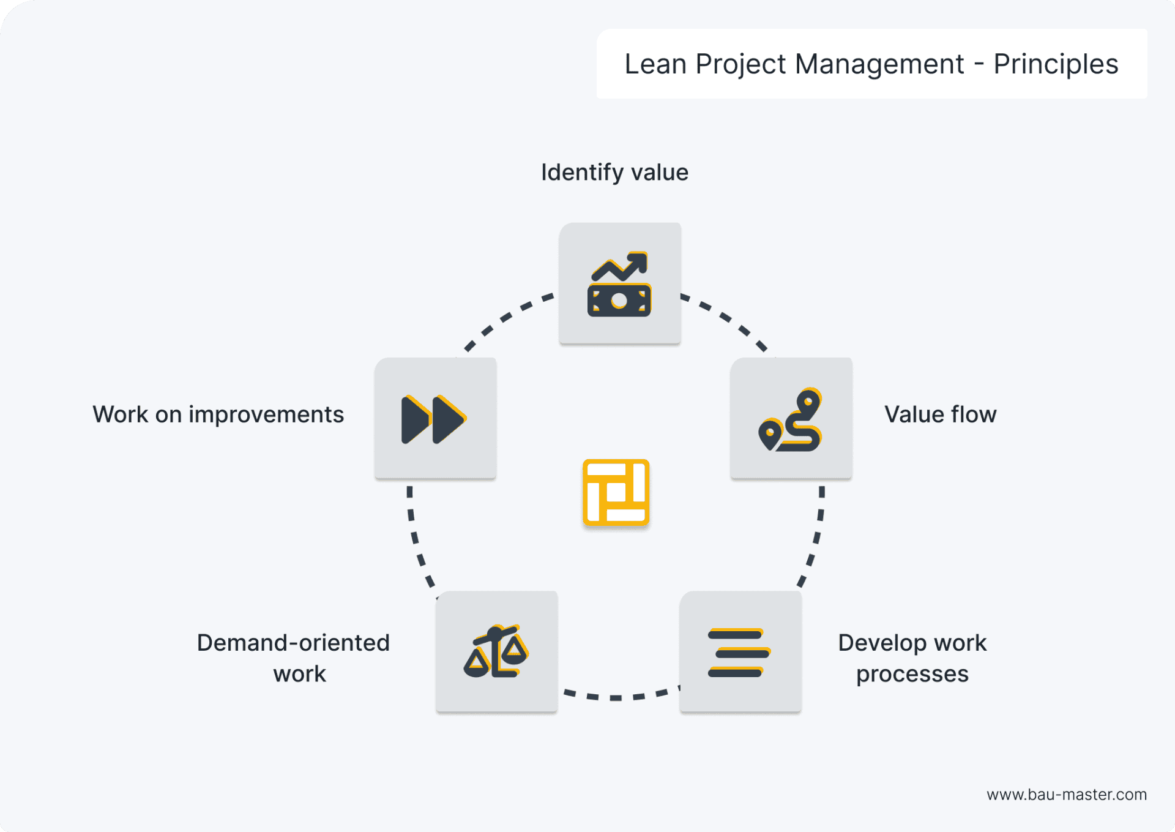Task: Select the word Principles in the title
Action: click(1056, 64)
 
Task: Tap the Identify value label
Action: click(614, 173)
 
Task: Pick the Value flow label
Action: click(940, 414)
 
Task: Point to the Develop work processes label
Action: click(912, 658)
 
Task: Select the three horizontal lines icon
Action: click(739, 653)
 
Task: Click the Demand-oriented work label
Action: click(294, 658)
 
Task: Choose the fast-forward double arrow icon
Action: click(435, 419)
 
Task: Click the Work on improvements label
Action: click(218, 414)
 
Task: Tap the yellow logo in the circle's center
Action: click(616, 493)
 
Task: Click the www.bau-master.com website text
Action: click(1066, 795)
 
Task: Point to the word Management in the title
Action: click(879, 64)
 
